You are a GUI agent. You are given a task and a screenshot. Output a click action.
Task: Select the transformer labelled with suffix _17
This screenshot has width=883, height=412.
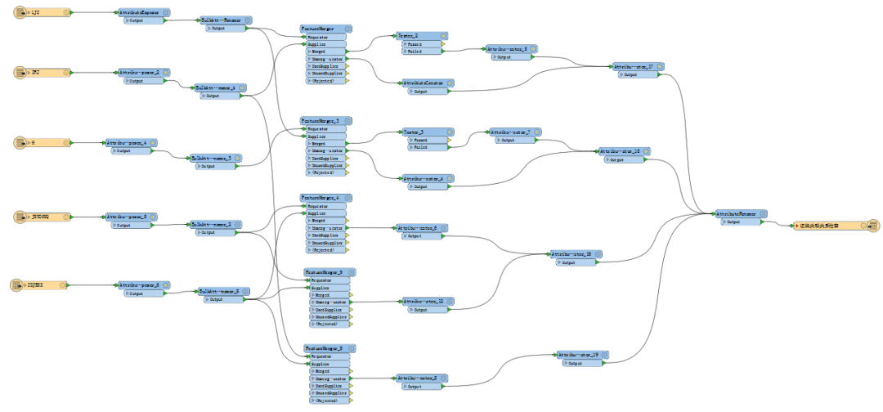[634, 66]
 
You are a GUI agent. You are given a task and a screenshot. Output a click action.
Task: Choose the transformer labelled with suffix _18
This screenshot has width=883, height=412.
[621, 151]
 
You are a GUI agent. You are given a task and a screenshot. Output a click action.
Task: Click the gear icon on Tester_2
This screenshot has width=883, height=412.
[444, 36]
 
